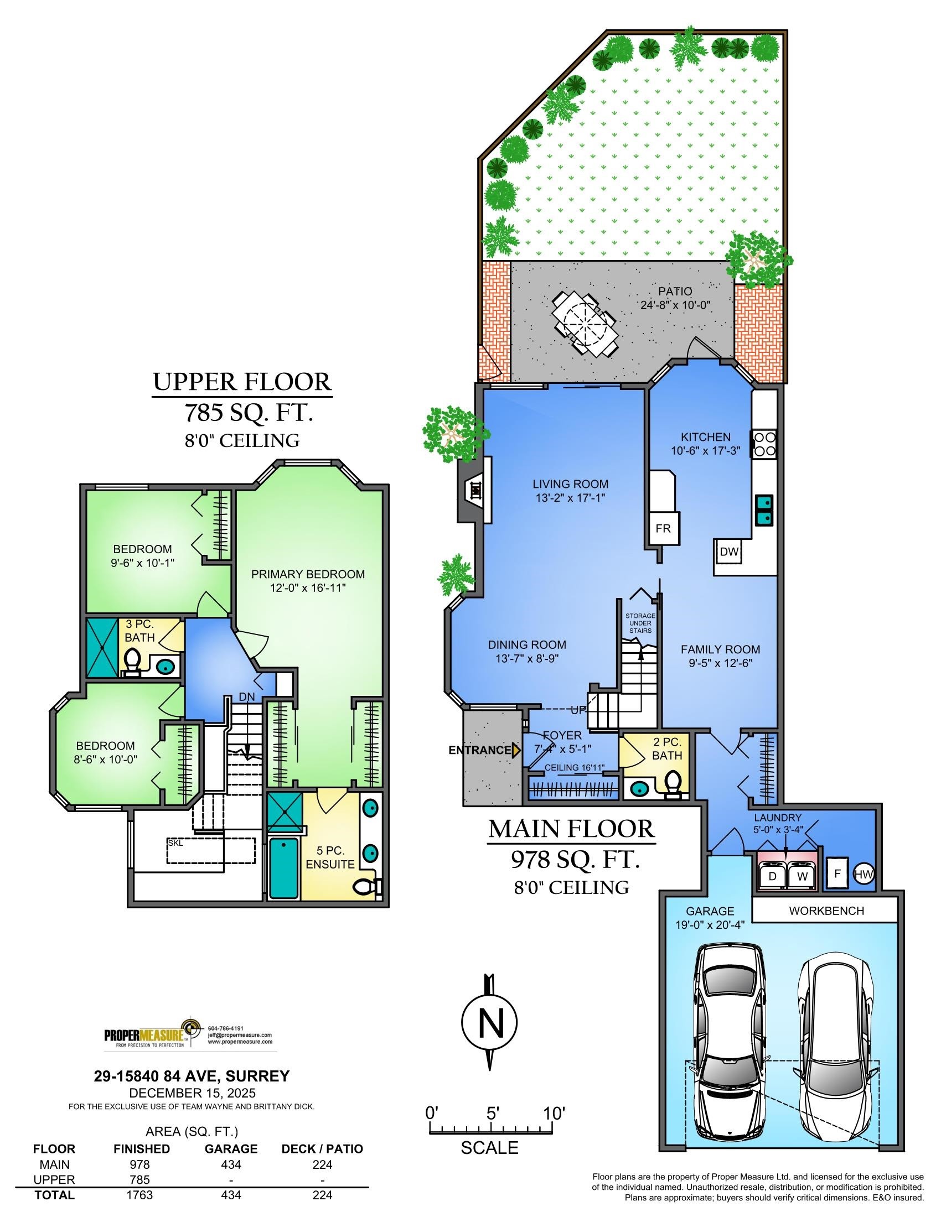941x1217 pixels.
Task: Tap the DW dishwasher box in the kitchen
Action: click(728, 552)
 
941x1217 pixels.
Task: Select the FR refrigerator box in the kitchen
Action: click(663, 528)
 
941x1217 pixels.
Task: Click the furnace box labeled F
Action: click(837, 872)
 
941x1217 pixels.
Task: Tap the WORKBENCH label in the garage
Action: click(826, 911)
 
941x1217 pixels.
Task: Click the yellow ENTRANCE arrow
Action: click(516, 750)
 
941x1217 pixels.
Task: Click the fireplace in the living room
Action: click(474, 490)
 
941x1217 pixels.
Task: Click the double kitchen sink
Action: click(763, 510)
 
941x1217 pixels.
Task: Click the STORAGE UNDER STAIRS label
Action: click(640, 623)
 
